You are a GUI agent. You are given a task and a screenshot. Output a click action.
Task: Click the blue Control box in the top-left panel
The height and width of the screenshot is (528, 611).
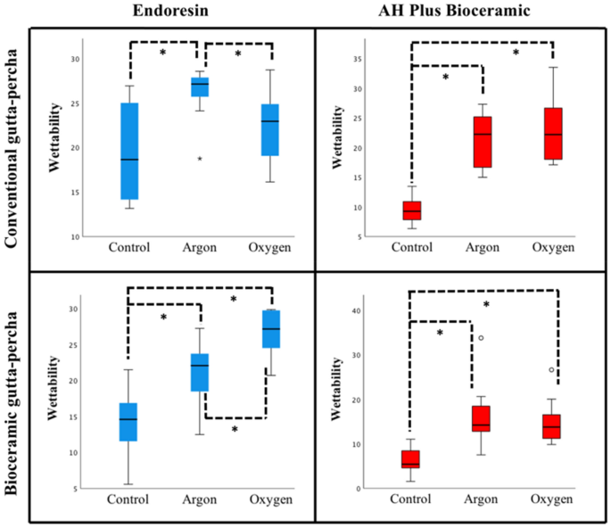click(x=129, y=151)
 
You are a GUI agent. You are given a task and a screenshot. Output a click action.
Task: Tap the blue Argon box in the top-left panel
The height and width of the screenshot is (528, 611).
click(x=202, y=87)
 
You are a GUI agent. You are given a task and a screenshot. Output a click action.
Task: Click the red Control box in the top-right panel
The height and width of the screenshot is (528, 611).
click(x=411, y=210)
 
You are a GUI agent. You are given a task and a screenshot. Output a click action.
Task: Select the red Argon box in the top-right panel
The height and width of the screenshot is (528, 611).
click(x=483, y=142)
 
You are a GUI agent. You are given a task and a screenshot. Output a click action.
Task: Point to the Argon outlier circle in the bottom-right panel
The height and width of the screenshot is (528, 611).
click(x=481, y=338)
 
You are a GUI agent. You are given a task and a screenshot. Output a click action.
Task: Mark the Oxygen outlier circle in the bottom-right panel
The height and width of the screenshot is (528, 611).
click(x=551, y=370)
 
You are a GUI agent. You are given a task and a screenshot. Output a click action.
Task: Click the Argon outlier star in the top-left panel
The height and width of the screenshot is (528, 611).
click(x=200, y=159)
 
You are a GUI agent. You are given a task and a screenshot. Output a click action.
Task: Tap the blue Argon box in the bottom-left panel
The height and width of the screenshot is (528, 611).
click(x=200, y=372)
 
